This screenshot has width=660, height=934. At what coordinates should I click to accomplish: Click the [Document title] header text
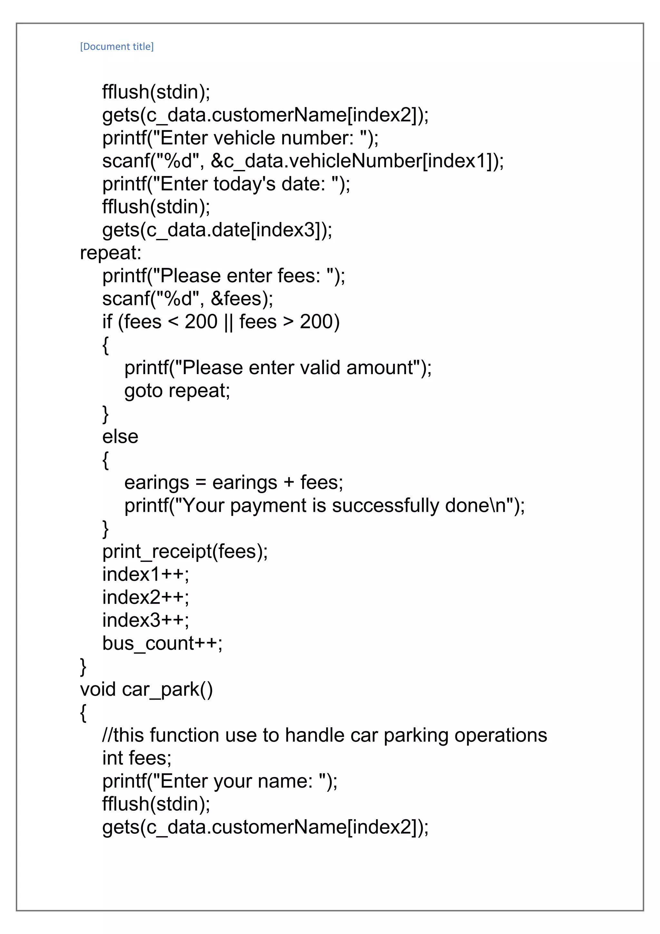pos(117,47)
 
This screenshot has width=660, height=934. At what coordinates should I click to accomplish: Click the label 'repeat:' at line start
pos(111,253)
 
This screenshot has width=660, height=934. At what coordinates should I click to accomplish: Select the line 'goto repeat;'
pos(177,391)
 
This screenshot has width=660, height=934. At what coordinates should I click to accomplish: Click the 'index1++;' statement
pos(145,575)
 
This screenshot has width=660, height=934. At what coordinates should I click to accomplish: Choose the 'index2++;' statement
pos(145,598)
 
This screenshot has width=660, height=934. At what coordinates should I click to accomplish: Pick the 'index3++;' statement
pos(145,621)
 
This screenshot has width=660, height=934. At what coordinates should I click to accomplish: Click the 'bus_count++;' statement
pos(162,643)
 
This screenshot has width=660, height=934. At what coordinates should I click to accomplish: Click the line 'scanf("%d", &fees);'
pos(188,299)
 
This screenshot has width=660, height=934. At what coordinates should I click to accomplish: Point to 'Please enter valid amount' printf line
pos(278,368)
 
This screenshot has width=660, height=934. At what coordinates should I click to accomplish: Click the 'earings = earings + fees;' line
pos(234,483)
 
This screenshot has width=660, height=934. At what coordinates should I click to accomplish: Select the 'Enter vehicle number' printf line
pos(240,138)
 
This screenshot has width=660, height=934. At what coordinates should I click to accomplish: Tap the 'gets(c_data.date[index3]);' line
pos(217,230)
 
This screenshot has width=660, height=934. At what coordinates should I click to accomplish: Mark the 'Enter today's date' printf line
pos(226,184)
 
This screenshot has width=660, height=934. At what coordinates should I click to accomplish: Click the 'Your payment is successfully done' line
pos(324,506)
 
